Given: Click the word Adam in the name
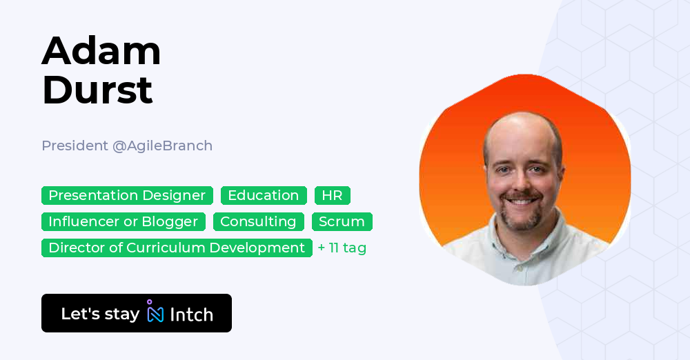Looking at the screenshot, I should [x=101, y=51].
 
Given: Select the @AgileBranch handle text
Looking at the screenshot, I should [x=162, y=146].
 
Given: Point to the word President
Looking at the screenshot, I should [x=75, y=146].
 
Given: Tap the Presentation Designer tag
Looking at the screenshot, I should [x=127, y=196].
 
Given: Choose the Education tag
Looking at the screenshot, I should [x=264, y=196].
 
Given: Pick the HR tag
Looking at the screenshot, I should [x=332, y=196].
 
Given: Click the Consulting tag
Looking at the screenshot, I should [x=258, y=222].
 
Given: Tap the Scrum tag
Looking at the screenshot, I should [x=342, y=222].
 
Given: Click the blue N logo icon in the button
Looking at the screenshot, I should [x=156, y=314].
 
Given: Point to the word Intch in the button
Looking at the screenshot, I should [x=191, y=314].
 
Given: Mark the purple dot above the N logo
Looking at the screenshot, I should [x=150, y=302].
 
